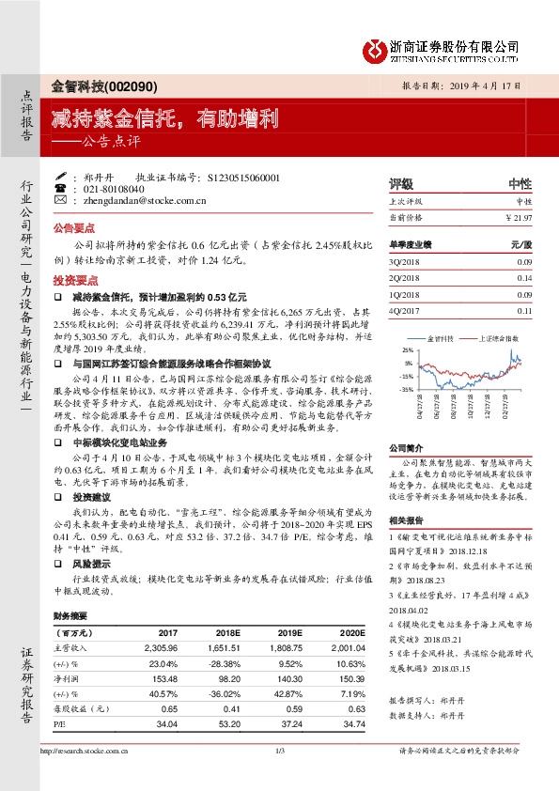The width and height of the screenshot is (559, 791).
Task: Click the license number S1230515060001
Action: (243, 177)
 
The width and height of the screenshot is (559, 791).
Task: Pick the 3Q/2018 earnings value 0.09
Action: (524, 261)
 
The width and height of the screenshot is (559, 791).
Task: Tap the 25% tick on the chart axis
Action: (407, 349)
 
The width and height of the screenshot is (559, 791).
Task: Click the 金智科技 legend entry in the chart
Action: (441, 336)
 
